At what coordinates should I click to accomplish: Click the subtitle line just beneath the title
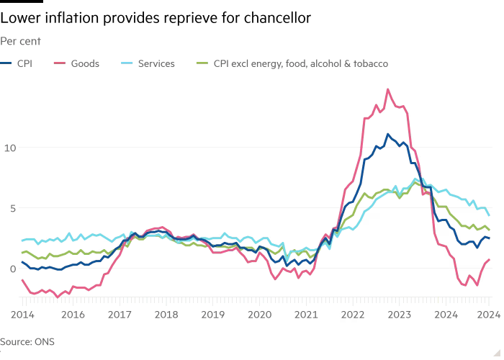[x=30, y=42]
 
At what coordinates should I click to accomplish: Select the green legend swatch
[x=200, y=64]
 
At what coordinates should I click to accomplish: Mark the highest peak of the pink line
[x=388, y=89]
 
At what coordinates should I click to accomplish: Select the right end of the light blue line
[x=490, y=215]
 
